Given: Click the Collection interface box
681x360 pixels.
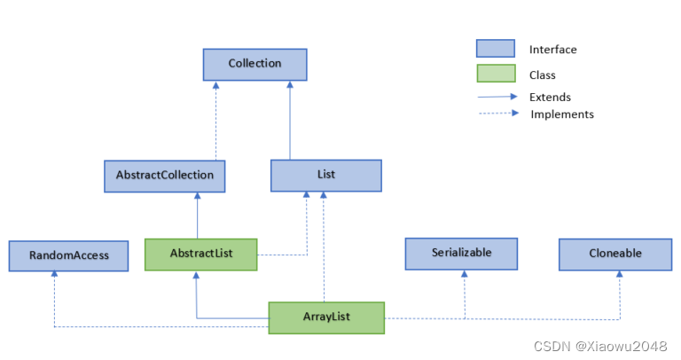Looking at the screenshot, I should [x=254, y=64].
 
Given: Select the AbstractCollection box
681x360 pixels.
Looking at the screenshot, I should [x=164, y=176].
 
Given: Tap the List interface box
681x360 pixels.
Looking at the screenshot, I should [x=325, y=176].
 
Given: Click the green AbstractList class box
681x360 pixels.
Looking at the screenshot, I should [x=201, y=254].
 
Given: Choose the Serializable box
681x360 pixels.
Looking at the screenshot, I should [x=461, y=254].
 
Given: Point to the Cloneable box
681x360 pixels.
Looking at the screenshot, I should [x=614, y=254].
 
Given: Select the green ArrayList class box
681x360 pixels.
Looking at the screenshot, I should [x=326, y=317].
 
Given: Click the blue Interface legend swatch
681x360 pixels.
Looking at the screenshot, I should [x=495, y=49].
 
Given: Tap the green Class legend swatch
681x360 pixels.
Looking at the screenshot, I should [x=495, y=74].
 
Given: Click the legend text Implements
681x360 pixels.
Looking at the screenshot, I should [x=561, y=114].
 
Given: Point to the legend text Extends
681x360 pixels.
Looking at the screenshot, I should [x=550, y=98].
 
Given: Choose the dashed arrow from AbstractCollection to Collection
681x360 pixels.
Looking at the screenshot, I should [x=215, y=121].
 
